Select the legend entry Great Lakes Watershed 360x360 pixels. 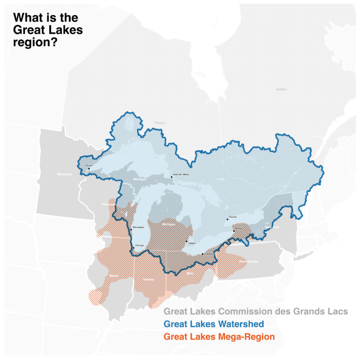tap(214, 324)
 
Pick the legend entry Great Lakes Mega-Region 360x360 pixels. tap(219, 337)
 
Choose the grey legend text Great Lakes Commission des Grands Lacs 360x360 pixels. tap(255, 311)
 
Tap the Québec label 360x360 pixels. tap(281, 89)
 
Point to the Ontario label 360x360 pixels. tap(160, 123)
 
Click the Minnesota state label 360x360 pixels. tap(65, 174)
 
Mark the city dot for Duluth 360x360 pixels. tap(89, 169)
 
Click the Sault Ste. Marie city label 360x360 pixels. tap(180, 174)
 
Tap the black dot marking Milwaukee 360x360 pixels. tap(131, 230)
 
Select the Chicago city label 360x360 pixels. tap(139, 245)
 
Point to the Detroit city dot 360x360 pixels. tap(187, 242)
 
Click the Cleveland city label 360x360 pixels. tap(210, 254)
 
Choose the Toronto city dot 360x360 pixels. tap(227, 219)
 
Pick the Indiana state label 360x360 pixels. tap(149, 280)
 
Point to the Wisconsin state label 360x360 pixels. tap(108, 204)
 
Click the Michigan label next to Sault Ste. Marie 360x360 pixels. tap(140, 180)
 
